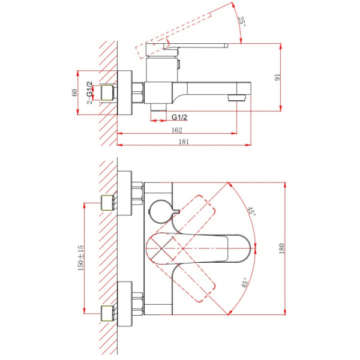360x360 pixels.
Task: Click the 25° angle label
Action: point(242,22)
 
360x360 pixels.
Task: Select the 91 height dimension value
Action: point(278,77)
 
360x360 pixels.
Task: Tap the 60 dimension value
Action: point(74,92)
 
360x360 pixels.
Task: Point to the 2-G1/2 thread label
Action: point(89,93)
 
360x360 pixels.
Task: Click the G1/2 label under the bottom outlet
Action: point(179,117)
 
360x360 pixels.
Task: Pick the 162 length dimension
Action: point(177,130)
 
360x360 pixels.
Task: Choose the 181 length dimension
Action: point(184,142)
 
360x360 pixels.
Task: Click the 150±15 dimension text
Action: point(81,258)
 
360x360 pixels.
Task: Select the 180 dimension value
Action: point(282,248)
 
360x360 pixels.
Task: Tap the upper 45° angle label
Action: point(251,211)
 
